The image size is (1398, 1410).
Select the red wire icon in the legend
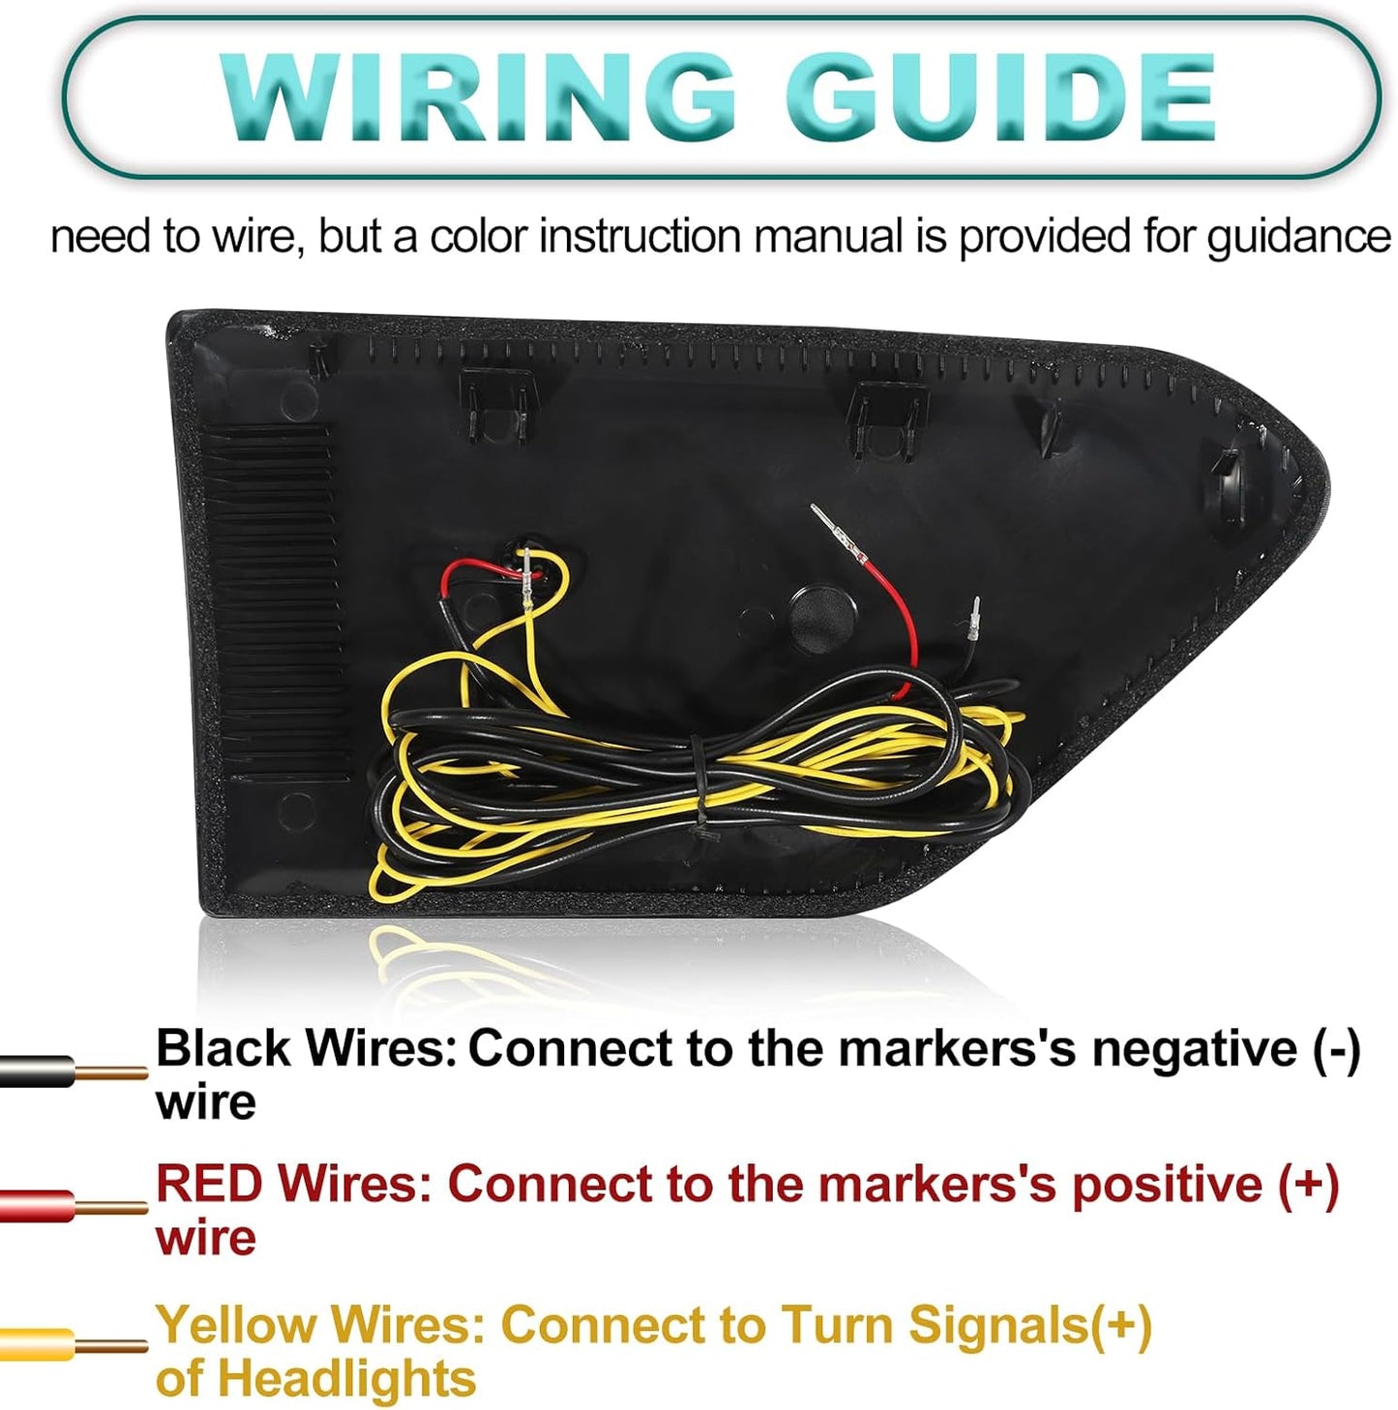(74, 1208)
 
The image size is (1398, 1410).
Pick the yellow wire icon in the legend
(74, 1345)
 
